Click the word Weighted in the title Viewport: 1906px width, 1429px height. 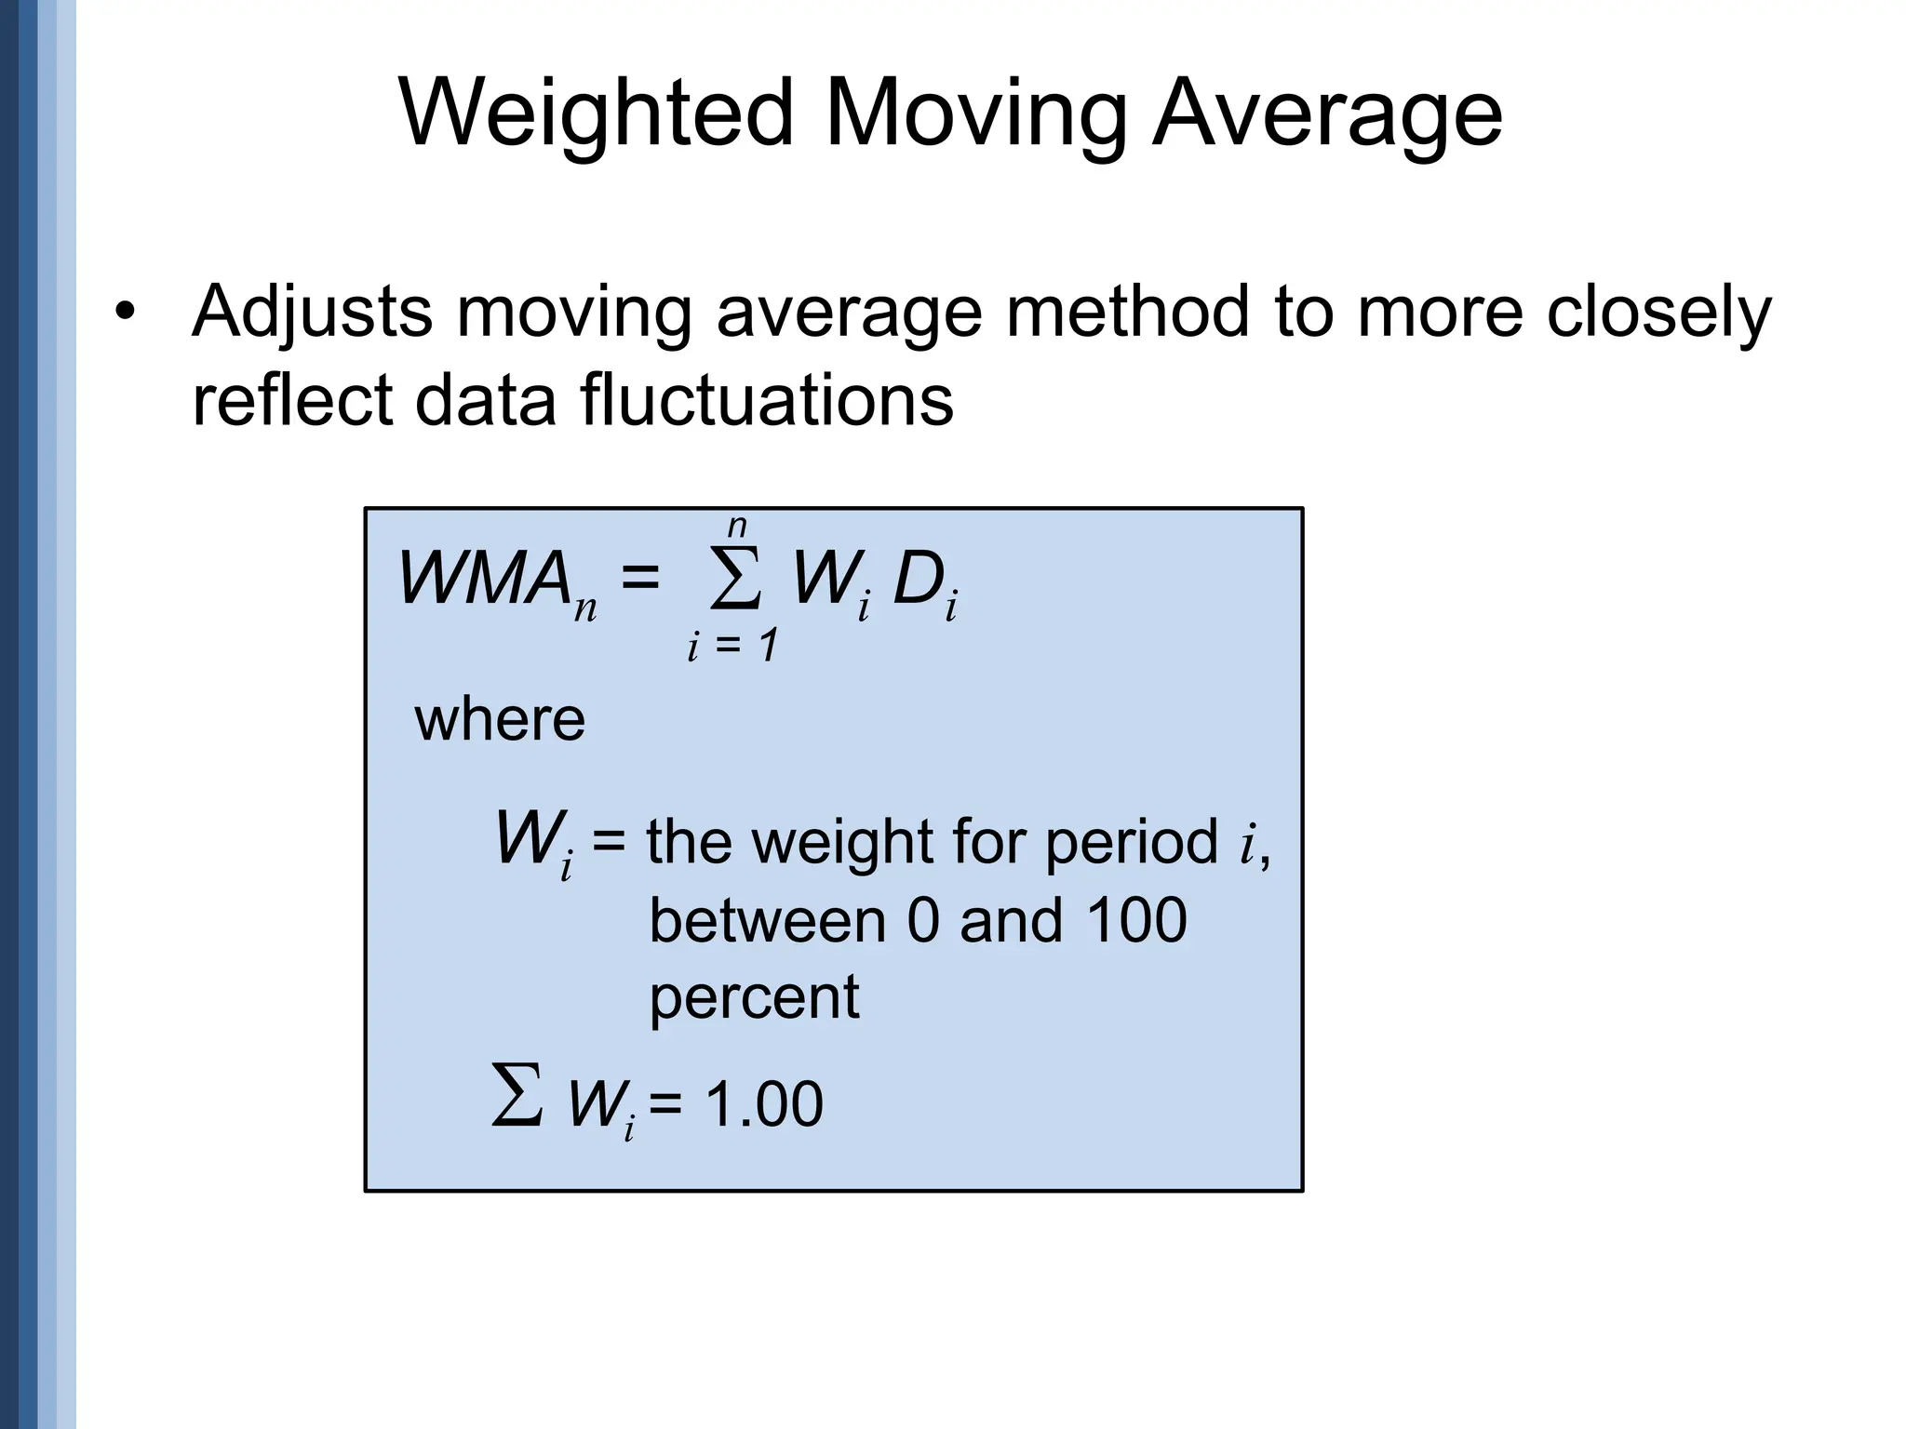click(x=596, y=114)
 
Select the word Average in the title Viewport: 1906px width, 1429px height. click(x=1327, y=114)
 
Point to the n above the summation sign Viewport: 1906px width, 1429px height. click(x=737, y=527)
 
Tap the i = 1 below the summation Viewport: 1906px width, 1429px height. click(x=732, y=646)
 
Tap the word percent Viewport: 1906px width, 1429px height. click(x=754, y=996)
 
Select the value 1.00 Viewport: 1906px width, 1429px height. click(x=764, y=1104)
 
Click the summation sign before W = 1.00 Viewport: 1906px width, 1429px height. click(x=517, y=1098)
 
